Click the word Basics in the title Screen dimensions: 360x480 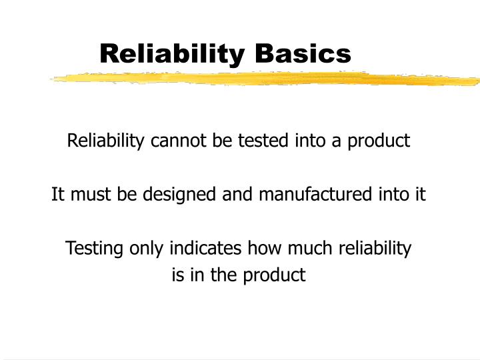306,53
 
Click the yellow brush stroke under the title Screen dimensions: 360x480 267,79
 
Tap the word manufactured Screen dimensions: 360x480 313,195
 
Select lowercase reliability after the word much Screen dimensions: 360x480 375,249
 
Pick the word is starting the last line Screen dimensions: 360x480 177,275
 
